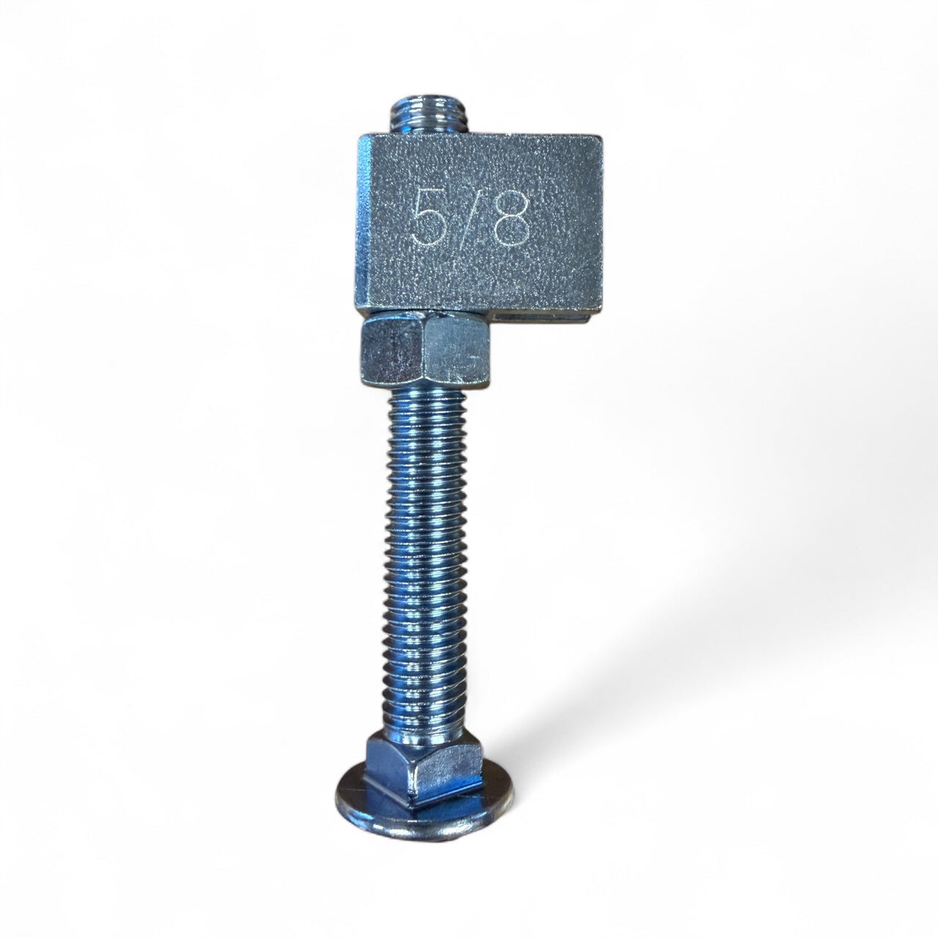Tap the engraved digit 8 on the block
(512, 218)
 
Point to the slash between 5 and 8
(469, 216)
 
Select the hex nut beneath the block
(424, 350)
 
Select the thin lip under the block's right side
(546, 317)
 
